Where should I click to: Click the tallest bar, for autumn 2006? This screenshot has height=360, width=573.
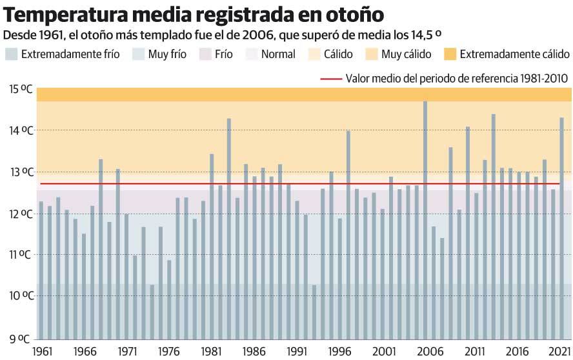click(x=425, y=219)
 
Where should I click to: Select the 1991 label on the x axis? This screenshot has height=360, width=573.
click(x=297, y=352)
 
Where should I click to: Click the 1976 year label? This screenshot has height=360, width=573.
click(x=168, y=352)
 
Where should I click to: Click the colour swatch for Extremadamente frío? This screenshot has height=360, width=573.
click(x=10, y=54)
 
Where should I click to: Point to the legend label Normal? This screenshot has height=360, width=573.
click(x=278, y=55)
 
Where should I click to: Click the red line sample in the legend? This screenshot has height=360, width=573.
click(x=330, y=79)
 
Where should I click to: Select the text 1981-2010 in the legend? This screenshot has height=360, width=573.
click(x=541, y=79)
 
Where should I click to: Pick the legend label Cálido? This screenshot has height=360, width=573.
click(x=338, y=55)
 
